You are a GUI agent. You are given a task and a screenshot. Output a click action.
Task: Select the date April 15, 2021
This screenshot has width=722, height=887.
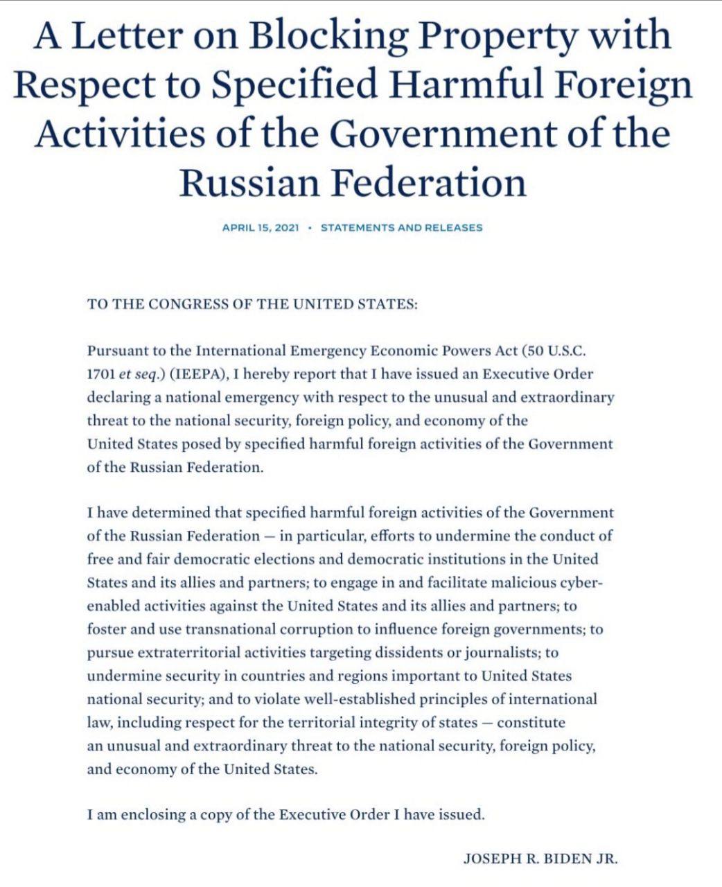click(261, 227)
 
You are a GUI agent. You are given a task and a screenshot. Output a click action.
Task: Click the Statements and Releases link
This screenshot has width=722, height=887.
click(402, 227)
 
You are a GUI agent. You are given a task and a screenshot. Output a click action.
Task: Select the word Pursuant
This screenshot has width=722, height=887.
click(116, 351)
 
